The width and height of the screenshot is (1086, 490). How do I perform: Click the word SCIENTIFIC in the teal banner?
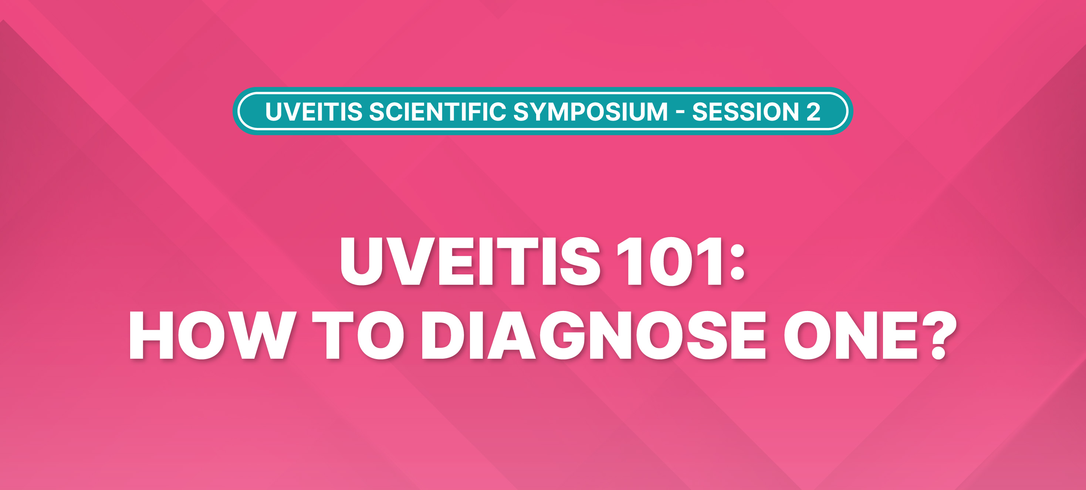pyautogui.click(x=437, y=112)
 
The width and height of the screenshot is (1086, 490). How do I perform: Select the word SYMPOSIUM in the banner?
pyautogui.click(x=590, y=112)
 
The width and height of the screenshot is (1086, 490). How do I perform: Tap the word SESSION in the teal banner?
pyautogui.click(x=745, y=112)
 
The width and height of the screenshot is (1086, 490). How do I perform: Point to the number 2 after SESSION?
pyautogui.click(x=813, y=112)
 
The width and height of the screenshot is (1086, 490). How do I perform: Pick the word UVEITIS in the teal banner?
pyautogui.click(x=313, y=112)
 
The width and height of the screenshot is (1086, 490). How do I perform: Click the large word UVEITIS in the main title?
pyautogui.click(x=470, y=261)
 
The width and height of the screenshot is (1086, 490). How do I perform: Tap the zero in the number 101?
pyautogui.click(x=670, y=261)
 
